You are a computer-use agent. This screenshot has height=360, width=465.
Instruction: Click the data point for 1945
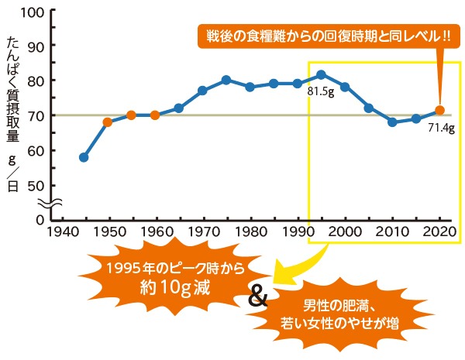pyautogui.click(x=84, y=157)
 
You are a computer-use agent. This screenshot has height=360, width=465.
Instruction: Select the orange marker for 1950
pyautogui.click(x=107, y=122)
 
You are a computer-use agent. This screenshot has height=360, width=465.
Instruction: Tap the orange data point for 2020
pyautogui.click(x=439, y=111)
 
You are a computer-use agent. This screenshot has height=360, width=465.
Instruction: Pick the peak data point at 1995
pyautogui.click(x=322, y=75)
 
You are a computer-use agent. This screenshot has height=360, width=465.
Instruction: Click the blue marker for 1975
pyautogui.click(x=226, y=80)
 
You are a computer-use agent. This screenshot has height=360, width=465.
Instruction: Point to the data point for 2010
pyautogui.click(x=392, y=122)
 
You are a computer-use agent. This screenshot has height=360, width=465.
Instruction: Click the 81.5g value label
pyautogui.click(x=320, y=91)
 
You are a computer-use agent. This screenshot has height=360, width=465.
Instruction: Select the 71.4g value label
pyautogui.click(x=440, y=127)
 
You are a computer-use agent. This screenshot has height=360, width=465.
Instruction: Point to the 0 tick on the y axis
pyautogui.click(x=40, y=219)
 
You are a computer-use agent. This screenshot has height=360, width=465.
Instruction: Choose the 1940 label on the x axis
pyautogui.click(x=60, y=231)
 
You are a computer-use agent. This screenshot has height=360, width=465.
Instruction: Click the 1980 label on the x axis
pyautogui.click(x=250, y=231)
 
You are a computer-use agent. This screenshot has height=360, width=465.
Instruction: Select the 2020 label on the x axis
pyautogui.click(x=439, y=231)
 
